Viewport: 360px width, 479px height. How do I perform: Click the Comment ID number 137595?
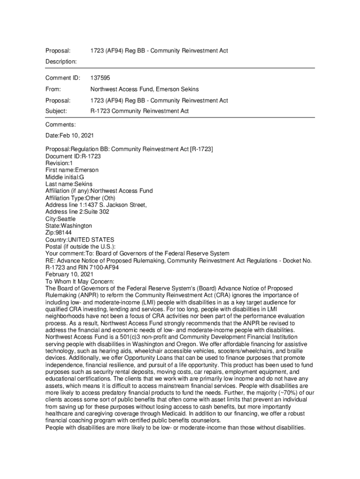click(100, 78)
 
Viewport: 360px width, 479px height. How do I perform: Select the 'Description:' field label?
click(61, 62)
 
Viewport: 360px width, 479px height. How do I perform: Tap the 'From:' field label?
click(54, 89)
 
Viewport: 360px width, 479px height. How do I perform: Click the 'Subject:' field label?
click(57, 111)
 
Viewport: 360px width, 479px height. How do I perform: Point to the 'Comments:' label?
click(60, 125)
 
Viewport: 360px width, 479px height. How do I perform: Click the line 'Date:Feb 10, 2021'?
click(70, 136)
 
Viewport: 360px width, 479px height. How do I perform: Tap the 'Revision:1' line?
click(59, 163)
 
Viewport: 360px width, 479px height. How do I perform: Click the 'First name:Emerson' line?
click(72, 170)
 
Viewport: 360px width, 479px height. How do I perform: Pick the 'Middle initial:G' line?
click(65, 177)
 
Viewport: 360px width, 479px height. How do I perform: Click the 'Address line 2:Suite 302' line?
click(78, 212)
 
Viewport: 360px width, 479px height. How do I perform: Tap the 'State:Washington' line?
click(69, 226)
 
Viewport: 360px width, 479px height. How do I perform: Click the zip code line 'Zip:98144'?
click(58, 233)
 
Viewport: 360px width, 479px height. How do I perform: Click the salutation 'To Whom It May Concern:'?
click(79, 282)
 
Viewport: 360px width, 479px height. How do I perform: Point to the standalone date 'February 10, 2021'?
click(69, 275)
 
